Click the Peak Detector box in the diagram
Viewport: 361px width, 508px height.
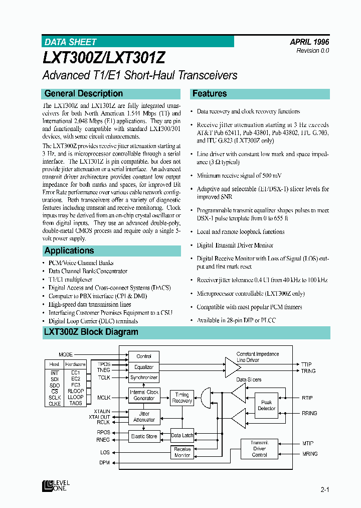point(266,405)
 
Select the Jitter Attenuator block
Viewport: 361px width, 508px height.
point(144,417)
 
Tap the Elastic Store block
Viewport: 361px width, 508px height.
point(144,436)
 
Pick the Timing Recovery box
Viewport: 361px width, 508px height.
point(182,398)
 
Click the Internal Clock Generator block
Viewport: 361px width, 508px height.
point(144,395)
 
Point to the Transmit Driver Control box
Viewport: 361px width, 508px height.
point(259,449)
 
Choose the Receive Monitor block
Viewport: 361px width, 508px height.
point(182,452)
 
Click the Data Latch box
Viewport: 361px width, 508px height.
point(182,435)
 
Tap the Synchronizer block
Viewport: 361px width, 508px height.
point(144,377)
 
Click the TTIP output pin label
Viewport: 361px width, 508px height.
point(306,364)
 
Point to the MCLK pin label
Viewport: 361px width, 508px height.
point(103,398)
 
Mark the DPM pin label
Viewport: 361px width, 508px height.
point(104,462)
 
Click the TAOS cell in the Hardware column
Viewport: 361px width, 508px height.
point(76,403)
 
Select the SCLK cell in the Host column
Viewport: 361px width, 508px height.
point(55,397)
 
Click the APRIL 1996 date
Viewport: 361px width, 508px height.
point(309,42)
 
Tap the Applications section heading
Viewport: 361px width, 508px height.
point(69,250)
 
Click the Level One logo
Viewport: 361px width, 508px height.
point(56,485)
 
